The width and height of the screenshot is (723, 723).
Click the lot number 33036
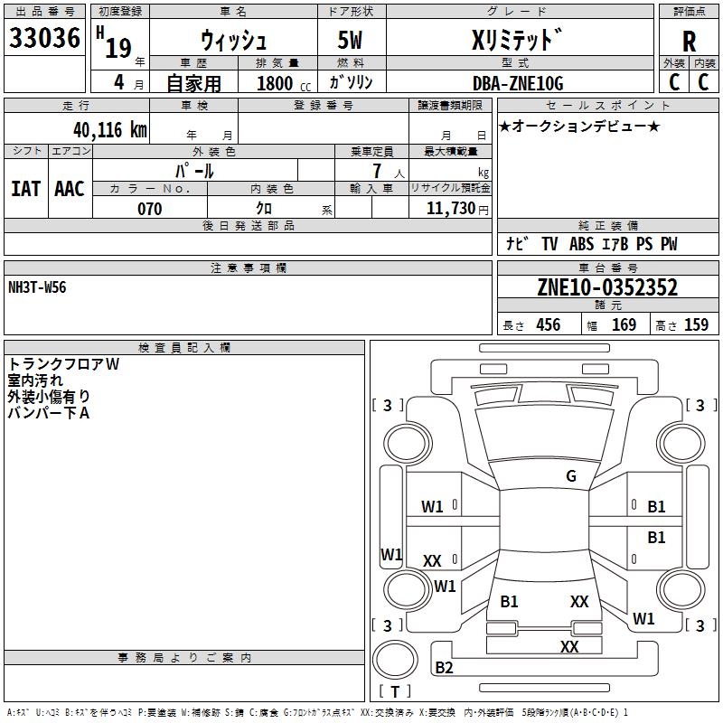click(44, 39)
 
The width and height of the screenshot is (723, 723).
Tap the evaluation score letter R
click(689, 42)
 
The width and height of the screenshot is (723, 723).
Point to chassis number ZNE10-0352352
click(607, 288)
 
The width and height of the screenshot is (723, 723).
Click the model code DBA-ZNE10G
click(518, 83)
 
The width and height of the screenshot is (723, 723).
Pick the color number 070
click(149, 209)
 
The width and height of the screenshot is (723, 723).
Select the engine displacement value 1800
click(275, 84)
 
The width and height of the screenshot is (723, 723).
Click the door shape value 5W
click(352, 42)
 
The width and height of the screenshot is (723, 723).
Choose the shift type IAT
click(25, 189)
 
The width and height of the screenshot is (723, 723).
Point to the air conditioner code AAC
click(69, 189)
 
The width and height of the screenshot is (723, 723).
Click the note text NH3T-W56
click(37, 287)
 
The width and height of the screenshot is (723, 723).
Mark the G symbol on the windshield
click(571, 476)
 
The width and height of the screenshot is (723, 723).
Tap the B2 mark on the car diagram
click(444, 668)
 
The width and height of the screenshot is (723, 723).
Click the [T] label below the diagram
click(394, 692)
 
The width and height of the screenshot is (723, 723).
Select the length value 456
click(548, 325)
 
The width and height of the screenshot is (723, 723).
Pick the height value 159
click(696, 325)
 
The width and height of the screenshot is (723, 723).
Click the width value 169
click(624, 325)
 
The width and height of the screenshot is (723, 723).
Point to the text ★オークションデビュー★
click(579, 126)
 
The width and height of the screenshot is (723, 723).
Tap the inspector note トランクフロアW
click(63, 364)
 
